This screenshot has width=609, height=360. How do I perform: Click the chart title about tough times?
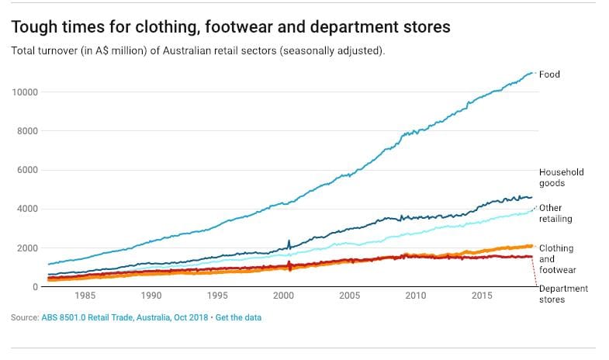(230, 27)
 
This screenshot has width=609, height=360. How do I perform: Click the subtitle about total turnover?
(199, 50)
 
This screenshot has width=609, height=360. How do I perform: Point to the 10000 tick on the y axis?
(26, 92)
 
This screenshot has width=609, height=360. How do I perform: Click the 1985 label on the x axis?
(85, 296)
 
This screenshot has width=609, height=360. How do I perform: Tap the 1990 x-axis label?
(151, 296)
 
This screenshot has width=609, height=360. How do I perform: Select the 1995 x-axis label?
(218, 296)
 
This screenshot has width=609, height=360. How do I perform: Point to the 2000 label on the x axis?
(284, 296)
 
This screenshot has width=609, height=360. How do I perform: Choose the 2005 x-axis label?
(350, 296)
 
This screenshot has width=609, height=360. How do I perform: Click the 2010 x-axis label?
(416, 296)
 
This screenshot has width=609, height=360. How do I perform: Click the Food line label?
(549, 74)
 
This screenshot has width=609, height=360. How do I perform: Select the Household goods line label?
(561, 178)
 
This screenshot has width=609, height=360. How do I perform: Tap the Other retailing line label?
(555, 213)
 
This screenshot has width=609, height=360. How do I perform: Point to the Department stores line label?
(563, 293)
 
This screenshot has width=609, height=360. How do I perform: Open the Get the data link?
(238, 317)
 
